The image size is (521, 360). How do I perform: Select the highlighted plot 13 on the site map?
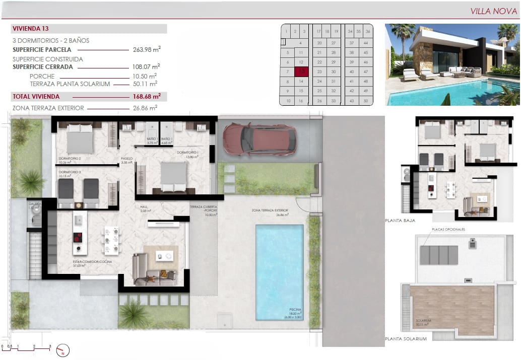tap(301, 71)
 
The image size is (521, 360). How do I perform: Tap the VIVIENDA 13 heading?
tap(31, 29)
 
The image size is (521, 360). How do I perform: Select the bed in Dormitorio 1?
tap(174, 176)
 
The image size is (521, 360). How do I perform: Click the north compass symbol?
tap(63, 350)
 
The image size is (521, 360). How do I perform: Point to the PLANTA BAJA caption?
tap(400, 221)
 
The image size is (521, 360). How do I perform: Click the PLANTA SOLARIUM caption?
tap(406, 339)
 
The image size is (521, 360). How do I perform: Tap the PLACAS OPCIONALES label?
tap(448, 230)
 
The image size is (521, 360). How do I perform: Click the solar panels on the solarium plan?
tap(438, 255)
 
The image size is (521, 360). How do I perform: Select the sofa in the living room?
tap(151, 269)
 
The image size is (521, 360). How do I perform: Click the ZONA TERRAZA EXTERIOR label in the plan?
tap(270, 210)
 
